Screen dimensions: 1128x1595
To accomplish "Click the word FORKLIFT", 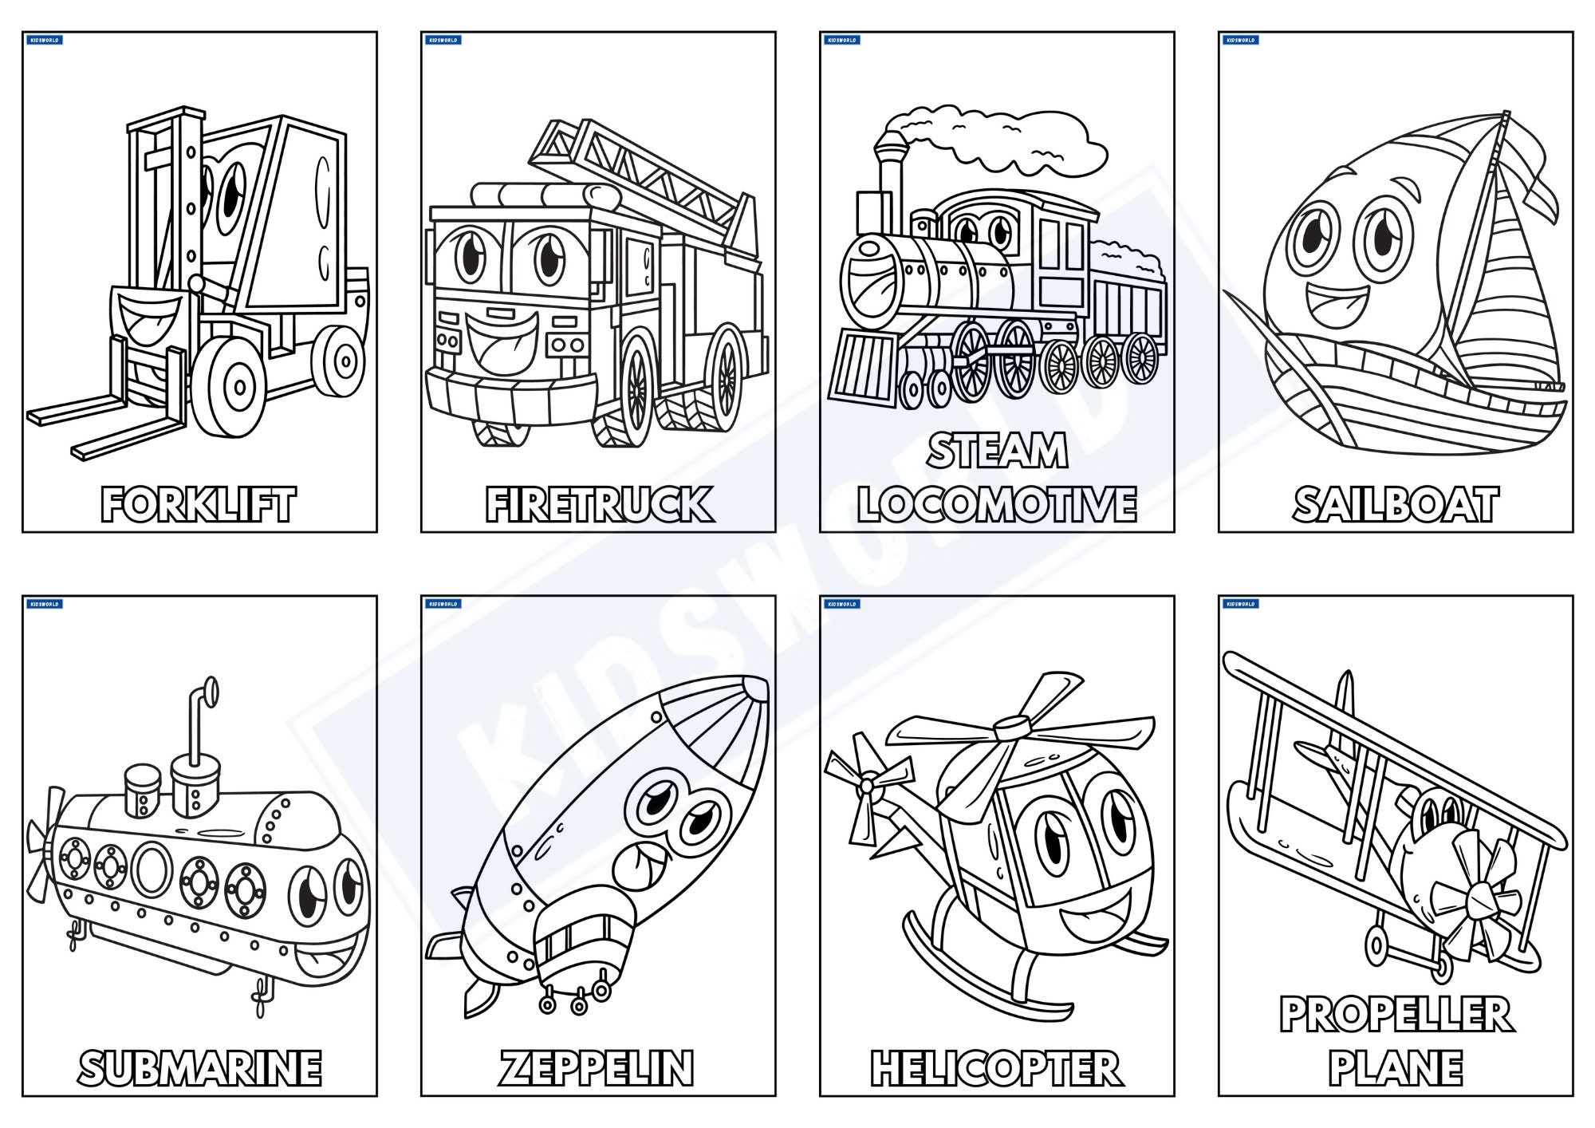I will point(198,504).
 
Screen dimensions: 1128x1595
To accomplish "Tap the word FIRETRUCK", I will point(599,504).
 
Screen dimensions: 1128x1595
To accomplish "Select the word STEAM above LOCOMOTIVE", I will point(997,451).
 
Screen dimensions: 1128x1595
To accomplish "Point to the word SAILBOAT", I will point(1396,504).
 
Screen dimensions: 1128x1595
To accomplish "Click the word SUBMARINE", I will point(199,1068).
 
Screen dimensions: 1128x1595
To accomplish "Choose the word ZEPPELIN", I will point(597,1068).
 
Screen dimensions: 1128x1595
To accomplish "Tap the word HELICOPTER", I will point(996,1068).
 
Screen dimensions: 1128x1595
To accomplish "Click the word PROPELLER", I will point(1396,1015).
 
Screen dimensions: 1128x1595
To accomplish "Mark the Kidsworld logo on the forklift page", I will point(45,40).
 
